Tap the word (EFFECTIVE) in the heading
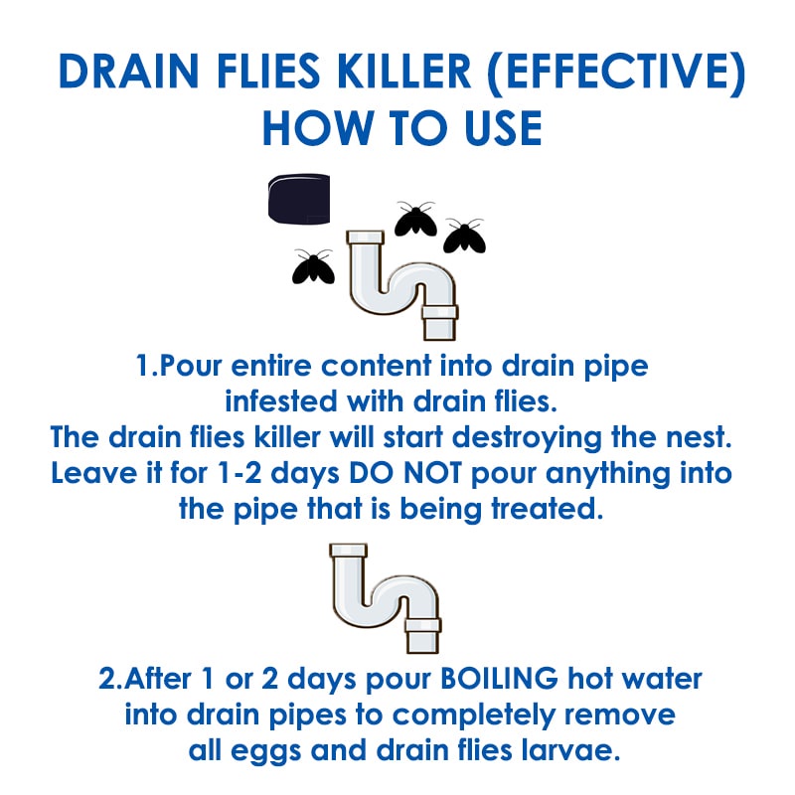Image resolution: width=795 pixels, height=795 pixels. point(616,72)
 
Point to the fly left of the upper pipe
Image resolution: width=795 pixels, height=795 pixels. point(313,266)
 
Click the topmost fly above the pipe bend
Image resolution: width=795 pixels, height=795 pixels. point(415,219)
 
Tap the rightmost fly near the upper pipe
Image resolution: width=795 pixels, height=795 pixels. point(464,237)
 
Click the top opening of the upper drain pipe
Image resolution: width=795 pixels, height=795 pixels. point(365,238)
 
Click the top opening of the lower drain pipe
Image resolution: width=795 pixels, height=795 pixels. point(348,551)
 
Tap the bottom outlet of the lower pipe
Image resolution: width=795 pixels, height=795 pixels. point(422,636)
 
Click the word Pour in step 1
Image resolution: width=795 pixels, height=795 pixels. point(191,366)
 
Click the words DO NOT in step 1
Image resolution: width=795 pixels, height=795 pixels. point(405,474)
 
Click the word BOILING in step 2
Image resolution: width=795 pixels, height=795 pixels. point(500,679)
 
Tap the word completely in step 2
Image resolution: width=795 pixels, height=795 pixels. point(474,715)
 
